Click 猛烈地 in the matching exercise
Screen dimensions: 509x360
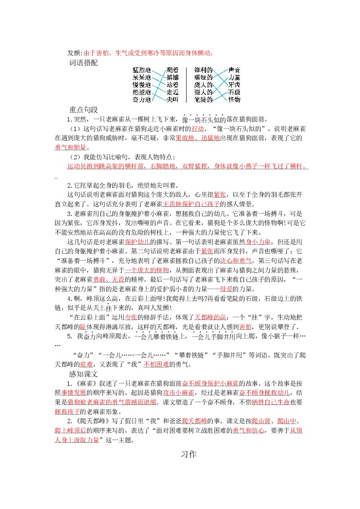click(x=142, y=70)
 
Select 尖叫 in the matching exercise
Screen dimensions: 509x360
click(x=173, y=100)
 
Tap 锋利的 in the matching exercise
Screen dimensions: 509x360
click(x=204, y=70)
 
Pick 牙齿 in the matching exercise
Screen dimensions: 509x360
click(x=234, y=84)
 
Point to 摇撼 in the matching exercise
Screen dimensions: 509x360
click(x=173, y=77)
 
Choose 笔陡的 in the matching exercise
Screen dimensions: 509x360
click(x=204, y=100)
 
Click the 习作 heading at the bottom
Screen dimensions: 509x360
click(x=189, y=454)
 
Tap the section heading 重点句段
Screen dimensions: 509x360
click(x=84, y=110)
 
